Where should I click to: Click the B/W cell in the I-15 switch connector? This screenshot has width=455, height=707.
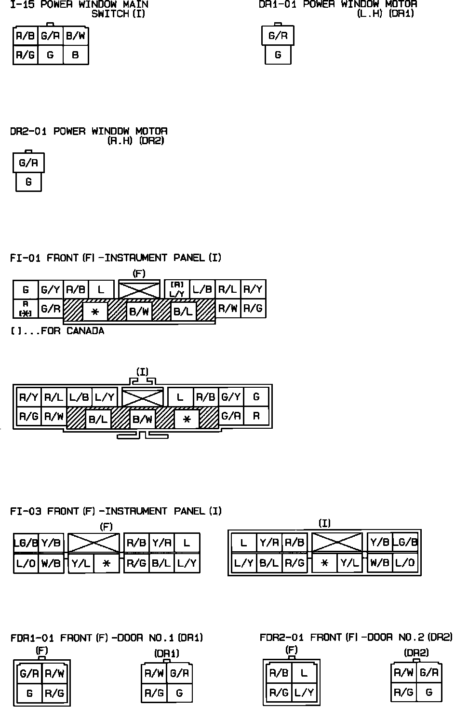pos(76,36)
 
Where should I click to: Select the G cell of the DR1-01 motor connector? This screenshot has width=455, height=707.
pos(278,55)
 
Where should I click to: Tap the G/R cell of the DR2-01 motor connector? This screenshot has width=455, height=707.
pos(28,163)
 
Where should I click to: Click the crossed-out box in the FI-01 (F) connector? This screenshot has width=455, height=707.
pos(139,289)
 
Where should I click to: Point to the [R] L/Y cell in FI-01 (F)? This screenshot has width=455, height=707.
pos(177,289)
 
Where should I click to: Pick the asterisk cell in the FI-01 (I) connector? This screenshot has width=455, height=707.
pos(187,419)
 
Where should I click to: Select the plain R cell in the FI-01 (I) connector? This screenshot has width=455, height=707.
pos(256,416)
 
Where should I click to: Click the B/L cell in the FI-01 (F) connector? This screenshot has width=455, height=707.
pos(183,312)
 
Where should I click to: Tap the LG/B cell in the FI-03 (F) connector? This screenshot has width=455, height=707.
pos(26,543)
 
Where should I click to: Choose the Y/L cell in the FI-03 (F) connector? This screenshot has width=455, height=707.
pos(81,563)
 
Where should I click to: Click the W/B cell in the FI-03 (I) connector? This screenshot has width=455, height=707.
pos(380,563)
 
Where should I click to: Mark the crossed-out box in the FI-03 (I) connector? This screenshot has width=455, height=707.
pos(337,543)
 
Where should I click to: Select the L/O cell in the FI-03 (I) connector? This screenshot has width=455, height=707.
pos(405,563)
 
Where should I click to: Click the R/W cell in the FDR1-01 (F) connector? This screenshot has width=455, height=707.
pos(54,673)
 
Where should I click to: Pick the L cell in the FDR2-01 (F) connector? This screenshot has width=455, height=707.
pos(304,673)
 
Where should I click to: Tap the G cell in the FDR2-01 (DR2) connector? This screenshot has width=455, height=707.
pos(428,693)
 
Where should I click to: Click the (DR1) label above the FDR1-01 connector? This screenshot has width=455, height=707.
pos(167,653)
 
